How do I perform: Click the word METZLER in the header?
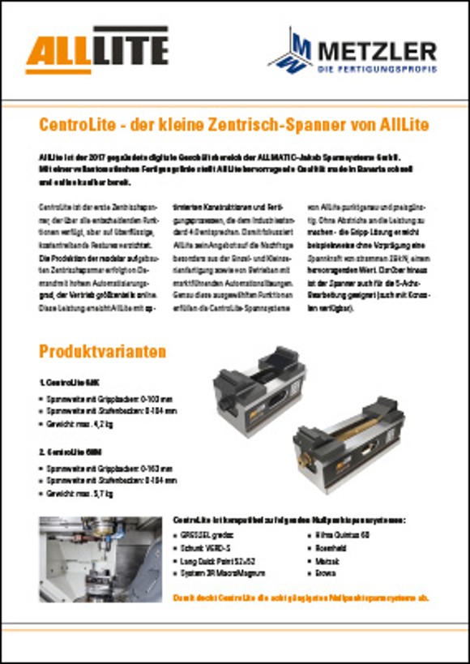(377, 51)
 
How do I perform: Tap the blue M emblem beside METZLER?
(288, 50)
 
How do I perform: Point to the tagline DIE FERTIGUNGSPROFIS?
(377, 70)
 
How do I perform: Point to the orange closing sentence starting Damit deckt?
(301, 598)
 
